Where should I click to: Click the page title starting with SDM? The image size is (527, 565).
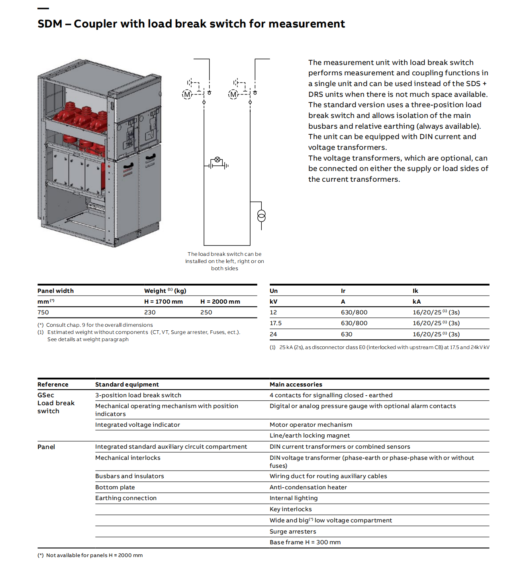191,24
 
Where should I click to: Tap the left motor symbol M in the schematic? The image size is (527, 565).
187,94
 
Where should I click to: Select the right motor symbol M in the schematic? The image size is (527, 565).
233,94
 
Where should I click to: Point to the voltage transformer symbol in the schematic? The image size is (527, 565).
261,216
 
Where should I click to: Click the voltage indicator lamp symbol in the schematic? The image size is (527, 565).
217,160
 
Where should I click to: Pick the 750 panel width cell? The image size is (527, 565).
43,312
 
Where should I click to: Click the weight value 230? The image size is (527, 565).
150,312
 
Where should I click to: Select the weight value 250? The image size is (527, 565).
206,312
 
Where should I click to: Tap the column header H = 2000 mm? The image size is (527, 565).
220,302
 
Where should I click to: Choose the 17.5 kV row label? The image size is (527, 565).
276,323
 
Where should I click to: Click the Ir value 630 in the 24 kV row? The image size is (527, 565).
347,334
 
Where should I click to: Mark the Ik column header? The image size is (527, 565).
415,291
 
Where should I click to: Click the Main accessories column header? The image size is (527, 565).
296,385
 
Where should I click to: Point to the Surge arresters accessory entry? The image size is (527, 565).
293,532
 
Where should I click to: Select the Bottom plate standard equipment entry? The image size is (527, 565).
115,487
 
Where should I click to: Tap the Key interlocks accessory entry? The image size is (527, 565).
291,509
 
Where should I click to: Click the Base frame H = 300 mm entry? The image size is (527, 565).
305,542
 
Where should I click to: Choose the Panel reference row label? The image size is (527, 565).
46,447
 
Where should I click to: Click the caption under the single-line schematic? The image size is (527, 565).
225,261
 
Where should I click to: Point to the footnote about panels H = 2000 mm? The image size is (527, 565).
90,555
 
